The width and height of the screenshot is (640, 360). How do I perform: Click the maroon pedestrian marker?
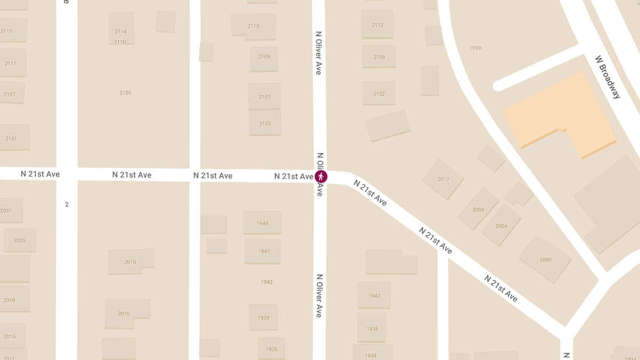321,177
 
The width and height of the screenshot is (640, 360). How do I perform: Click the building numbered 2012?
443,179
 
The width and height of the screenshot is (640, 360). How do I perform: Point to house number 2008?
478,209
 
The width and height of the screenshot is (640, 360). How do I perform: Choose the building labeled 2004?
501,226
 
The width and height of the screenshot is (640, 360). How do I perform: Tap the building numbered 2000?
545,260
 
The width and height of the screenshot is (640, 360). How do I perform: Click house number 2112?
378,25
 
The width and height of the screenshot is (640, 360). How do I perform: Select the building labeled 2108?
379,57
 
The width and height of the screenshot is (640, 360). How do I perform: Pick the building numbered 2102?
379,93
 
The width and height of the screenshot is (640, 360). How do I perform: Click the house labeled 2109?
264,57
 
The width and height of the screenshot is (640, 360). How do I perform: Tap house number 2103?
265,123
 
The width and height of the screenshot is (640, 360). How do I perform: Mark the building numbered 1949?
262,223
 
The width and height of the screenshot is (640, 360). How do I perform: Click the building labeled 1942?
374,295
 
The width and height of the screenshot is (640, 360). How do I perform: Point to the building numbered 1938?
372,329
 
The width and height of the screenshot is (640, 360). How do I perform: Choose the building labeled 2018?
130,261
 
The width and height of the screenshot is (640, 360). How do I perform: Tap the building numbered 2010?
124,313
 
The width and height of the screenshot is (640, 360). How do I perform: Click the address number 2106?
125,93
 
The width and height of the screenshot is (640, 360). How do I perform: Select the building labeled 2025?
20,240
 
